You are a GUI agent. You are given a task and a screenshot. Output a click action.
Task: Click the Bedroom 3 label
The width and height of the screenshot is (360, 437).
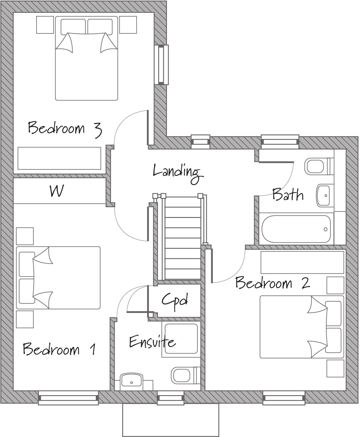[x=65, y=128]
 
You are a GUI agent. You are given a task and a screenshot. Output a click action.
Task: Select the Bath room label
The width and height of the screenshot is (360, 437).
[x=288, y=195]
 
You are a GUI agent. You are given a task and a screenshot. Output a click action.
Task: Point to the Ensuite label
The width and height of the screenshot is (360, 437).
[x=152, y=342]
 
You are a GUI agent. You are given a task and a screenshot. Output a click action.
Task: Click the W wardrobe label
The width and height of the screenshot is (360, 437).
[x=57, y=191]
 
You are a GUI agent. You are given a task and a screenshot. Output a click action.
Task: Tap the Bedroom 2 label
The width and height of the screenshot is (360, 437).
[x=272, y=283]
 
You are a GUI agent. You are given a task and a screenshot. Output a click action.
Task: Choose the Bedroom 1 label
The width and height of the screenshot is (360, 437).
[x=60, y=349]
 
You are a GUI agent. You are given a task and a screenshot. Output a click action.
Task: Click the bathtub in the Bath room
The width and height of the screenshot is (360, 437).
[x=296, y=229]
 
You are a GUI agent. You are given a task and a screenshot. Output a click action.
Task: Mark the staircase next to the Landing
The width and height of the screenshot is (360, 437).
[x=182, y=238]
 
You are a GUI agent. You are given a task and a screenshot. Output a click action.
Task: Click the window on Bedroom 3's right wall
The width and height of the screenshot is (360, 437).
[x=161, y=65]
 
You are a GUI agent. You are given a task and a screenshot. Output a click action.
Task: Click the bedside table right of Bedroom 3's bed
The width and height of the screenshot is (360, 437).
[x=128, y=25]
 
